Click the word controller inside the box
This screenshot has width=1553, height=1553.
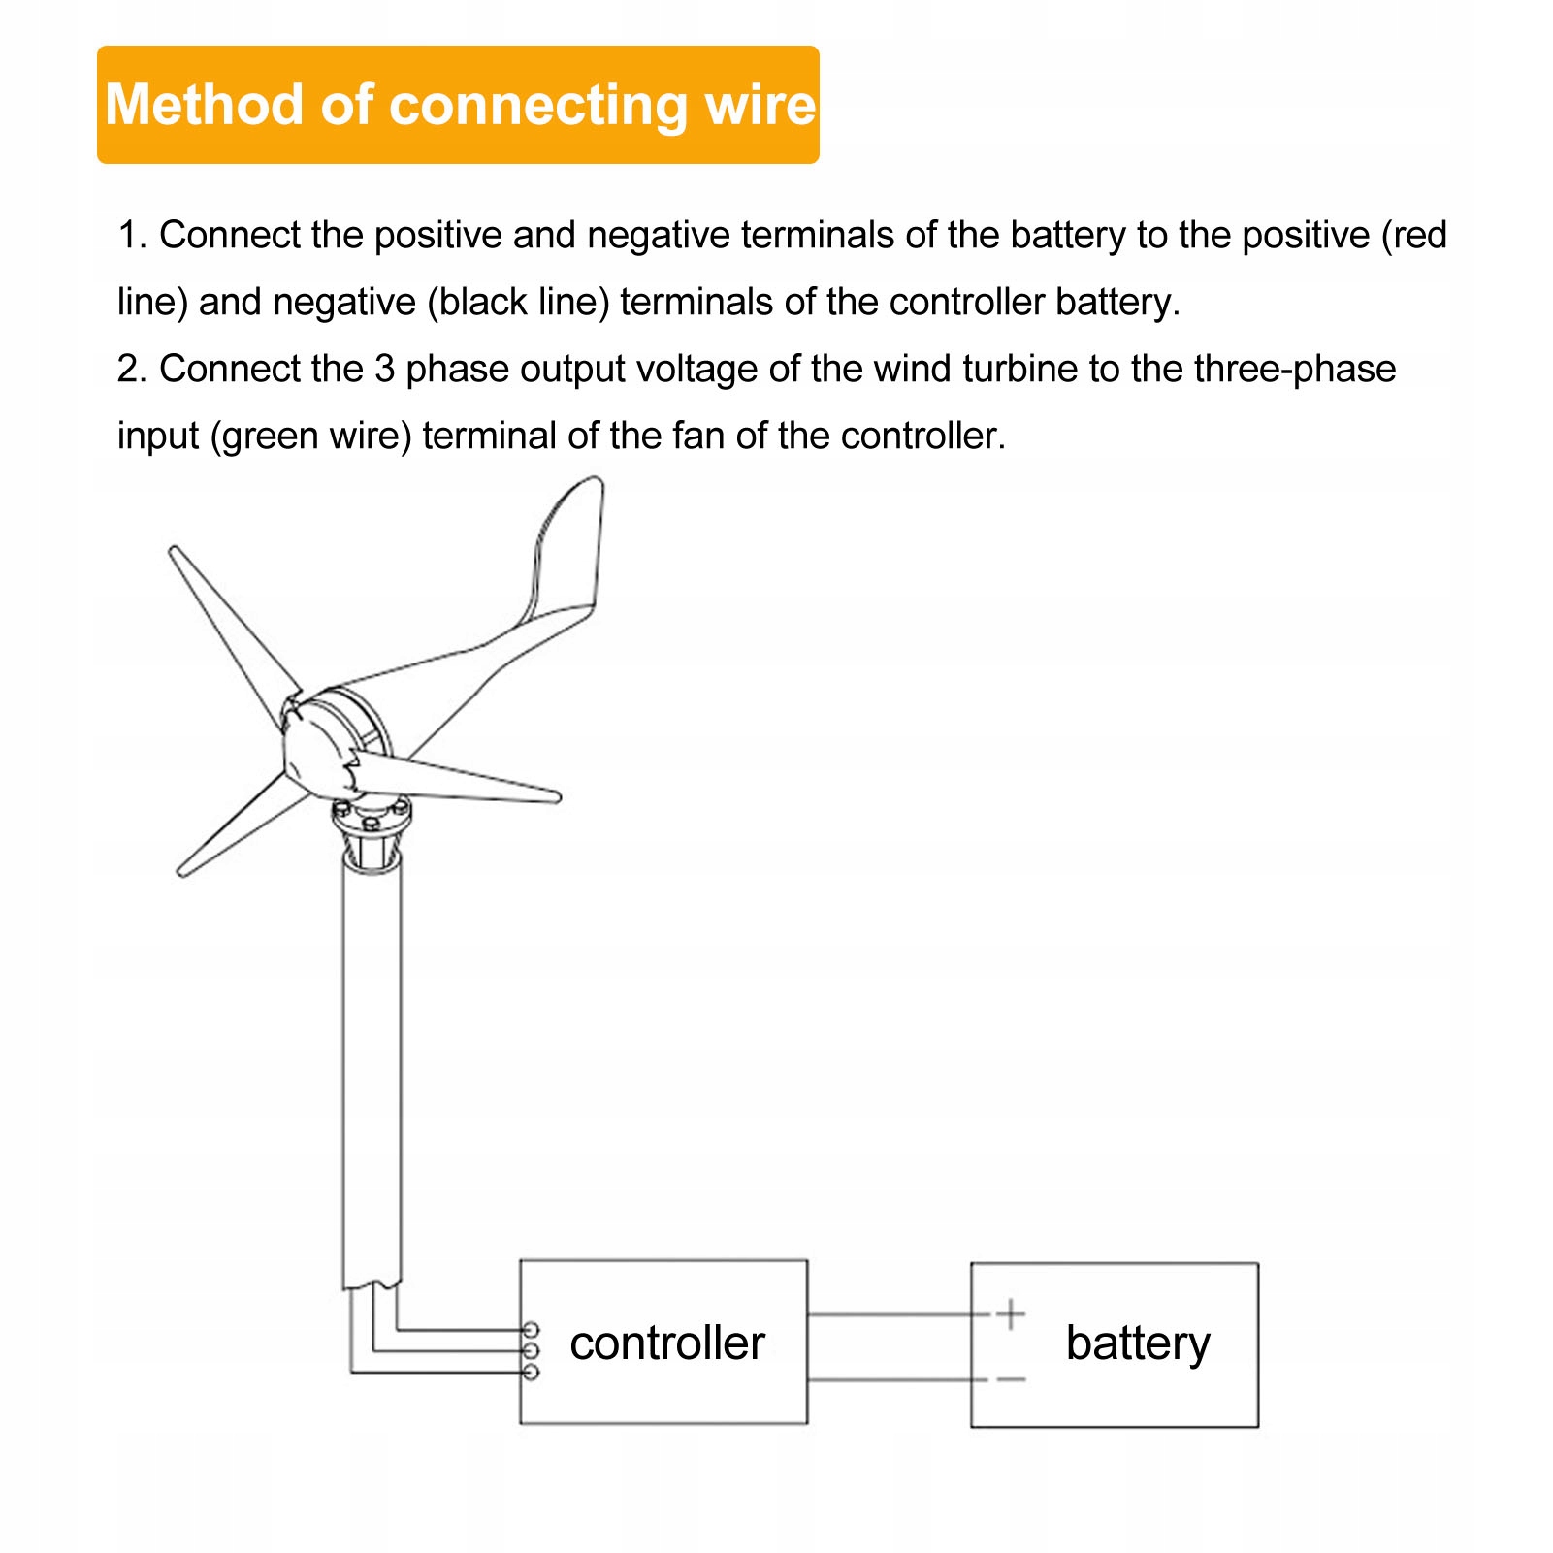pyautogui.click(x=667, y=1343)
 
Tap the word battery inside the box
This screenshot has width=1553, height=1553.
pyautogui.click(x=1138, y=1344)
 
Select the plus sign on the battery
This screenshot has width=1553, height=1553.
pyautogui.click(x=1011, y=1314)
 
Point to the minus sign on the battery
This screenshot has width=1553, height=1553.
pyautogui.click(x=1011, y=1379)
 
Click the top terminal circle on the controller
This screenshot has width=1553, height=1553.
pyautogui.click(x=531, y=1329)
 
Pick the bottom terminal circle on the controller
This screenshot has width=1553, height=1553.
pyautogui.click(x=531, y=1373)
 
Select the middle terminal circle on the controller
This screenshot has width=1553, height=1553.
pyautogui.click(x=531, y=1350)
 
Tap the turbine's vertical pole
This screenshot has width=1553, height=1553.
pyautogui.click(x=372, y=1067)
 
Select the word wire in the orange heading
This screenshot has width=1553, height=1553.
pyautogui.click(x=761, y=105)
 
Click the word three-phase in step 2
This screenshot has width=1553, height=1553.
pyautogui.click(x=1295, y=370)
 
